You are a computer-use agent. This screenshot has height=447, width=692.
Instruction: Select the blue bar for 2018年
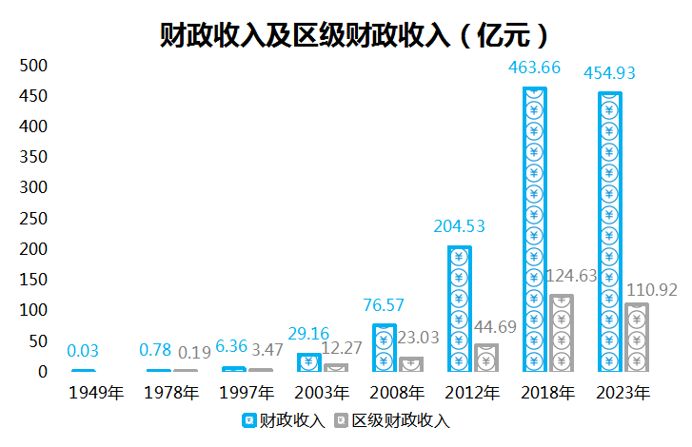pos(535,229)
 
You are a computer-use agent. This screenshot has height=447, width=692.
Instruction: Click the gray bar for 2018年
pos(562,333)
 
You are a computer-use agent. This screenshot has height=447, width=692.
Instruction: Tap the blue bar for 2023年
pos(609,232)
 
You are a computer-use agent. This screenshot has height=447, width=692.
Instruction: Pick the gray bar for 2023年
pos(636,338)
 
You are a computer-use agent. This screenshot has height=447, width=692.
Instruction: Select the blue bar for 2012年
pos(460,308)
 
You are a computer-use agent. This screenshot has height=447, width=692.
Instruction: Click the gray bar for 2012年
pos(486,358)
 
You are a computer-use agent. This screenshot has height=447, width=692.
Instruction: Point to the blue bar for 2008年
pos(385,347)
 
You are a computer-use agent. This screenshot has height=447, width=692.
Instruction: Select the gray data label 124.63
pos(575,277)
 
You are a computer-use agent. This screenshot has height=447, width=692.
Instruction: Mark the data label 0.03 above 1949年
pos(83,351)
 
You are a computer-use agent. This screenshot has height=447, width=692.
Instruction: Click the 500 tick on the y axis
pos(33,66)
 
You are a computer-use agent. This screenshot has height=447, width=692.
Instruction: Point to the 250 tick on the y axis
pos(33,219)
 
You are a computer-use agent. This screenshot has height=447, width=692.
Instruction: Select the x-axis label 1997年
pos(247,392)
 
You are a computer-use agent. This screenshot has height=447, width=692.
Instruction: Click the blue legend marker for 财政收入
pos(248,419)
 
